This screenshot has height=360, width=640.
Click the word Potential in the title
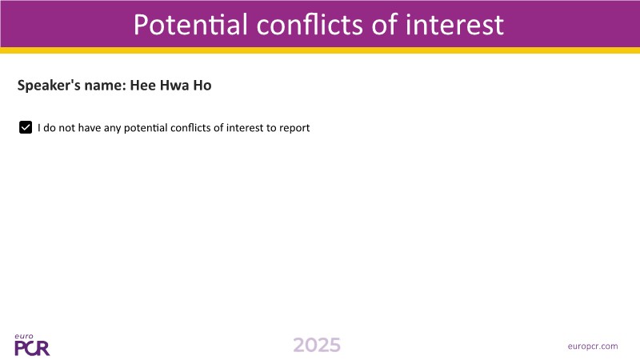tap(190, 25)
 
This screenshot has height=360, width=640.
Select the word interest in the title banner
tap(454, 25)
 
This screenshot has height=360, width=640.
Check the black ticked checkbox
tap(26, 127)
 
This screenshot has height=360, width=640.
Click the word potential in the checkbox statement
tap(146, 128)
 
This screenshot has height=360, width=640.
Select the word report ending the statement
tap(294, 128)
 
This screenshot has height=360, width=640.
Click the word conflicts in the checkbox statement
tap(190, 128)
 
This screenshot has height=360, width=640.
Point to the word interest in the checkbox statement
tap(245, 128)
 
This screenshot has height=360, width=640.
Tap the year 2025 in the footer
tap(317, 346)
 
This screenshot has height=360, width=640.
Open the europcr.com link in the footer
tap(593, 346)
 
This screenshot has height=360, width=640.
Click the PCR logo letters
tap(32, 348)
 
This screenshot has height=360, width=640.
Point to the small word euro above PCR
tap(24, 336)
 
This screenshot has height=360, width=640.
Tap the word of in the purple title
tap(384, 25)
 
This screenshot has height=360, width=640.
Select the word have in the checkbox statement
tap(90, 128)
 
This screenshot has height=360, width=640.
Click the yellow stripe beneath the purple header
tap(320, 50)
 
